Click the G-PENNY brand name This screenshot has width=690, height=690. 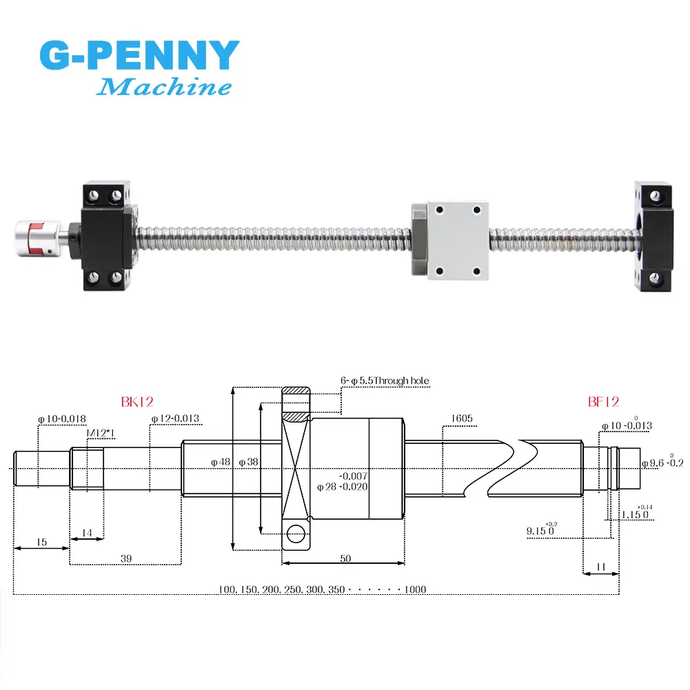[x=139, y=54]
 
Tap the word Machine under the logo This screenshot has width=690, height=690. [x=163, y=86]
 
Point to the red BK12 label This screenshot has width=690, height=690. [x=137, y=402]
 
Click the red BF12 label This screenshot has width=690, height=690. [x=603, y=402]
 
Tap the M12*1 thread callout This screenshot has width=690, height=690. [x=101, y=433]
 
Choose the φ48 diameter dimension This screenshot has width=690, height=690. [x=221, y=462]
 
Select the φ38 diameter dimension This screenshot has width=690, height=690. [x=248, y=462]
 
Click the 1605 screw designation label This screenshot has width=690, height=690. [x=462, y=418]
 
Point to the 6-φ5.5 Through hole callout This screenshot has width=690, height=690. [x=385, y=381]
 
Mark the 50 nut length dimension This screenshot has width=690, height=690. [x=345, y=558]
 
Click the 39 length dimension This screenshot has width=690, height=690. [x=126, y=558]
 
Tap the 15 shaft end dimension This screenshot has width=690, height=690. [x=42, y=542]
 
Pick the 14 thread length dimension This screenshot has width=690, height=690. [x=87, y=533]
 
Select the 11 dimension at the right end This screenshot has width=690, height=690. [x=601, y=567]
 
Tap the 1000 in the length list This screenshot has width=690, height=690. [x=416, y=589]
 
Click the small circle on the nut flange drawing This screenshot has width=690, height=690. [x=296, y=534]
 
